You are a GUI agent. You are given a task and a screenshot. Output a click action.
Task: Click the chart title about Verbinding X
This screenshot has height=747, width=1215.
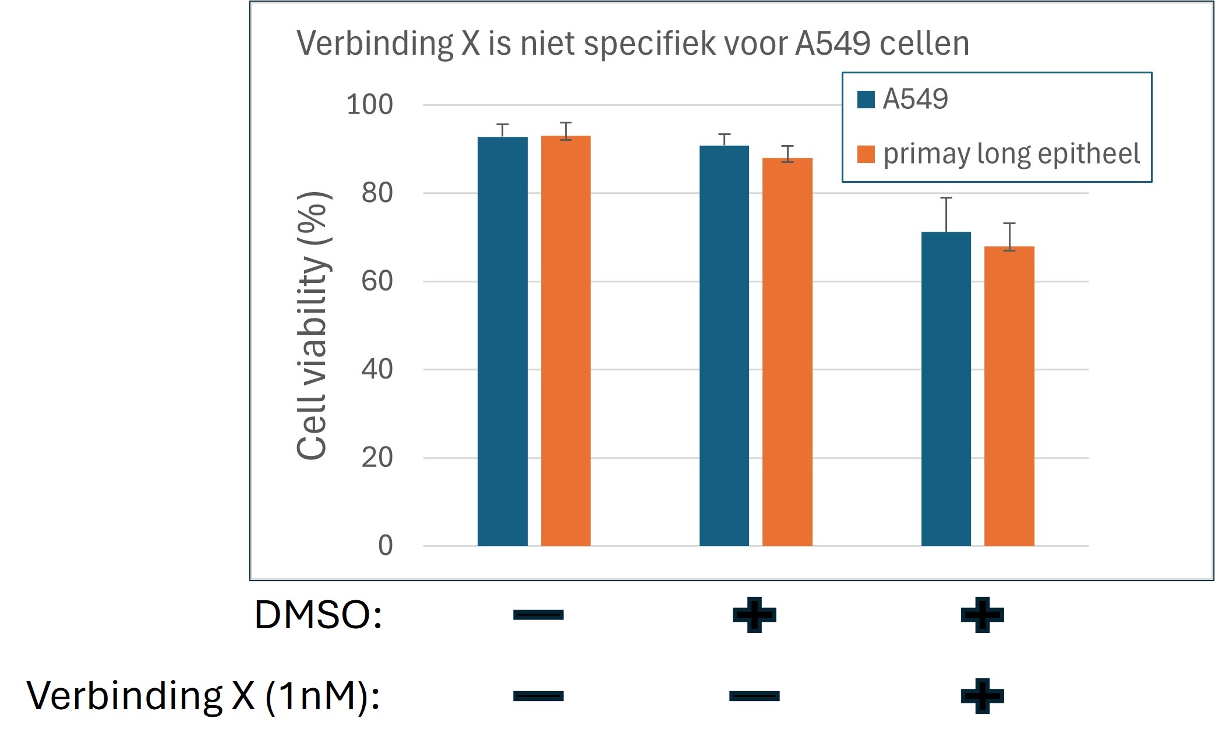[632, 44]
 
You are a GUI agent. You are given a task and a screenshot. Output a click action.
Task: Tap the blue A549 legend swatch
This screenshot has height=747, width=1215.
[866, 100]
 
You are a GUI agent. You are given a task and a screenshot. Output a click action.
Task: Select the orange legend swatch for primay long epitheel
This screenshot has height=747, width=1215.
[866, 154]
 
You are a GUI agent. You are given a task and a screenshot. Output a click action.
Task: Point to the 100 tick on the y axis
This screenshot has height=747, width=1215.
[369, 105]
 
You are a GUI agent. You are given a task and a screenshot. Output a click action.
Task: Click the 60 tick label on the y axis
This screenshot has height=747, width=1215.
[376, 282]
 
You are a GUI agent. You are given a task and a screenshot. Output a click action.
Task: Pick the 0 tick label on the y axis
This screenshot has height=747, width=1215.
[385, 546]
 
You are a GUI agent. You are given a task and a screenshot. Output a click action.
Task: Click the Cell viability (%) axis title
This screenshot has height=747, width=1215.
[313, 326]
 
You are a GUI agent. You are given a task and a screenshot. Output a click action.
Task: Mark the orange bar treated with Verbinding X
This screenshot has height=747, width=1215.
[1009, 396]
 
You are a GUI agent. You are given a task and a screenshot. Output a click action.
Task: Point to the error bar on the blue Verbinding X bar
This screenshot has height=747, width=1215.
[946, 214]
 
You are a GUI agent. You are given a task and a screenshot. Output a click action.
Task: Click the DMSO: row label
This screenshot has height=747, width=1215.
[318, 615]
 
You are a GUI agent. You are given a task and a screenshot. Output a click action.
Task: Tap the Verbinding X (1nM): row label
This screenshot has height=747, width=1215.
[203, 696]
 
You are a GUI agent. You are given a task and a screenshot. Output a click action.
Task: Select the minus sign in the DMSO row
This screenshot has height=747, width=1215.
[538, 615]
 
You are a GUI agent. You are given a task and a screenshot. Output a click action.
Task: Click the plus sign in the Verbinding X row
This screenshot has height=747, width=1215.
[982, 696]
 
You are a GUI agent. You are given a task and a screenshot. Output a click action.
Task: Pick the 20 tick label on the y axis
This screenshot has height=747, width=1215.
[376, 458]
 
